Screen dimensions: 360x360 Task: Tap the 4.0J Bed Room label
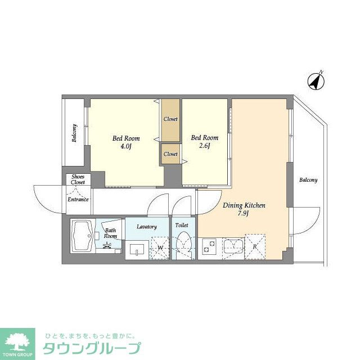[126, 142]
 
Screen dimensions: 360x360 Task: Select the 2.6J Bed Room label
[204, 142]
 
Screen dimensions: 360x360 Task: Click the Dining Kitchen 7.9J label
[244, 209]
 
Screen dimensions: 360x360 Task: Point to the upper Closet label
[170, 119]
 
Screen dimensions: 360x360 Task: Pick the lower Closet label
[170, 154]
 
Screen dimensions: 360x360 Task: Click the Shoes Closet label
[78, 179]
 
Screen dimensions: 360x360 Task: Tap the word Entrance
[78, 199]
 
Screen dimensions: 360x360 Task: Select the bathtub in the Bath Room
[84, 237]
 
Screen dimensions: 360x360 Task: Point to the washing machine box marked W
[160, 247]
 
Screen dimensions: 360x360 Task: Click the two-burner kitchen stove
[209, 246]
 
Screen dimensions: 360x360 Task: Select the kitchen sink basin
[232, 245]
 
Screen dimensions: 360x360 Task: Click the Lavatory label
[146, 226]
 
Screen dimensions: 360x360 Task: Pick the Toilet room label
[182, 225]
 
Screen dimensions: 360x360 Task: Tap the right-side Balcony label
[308, 180]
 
